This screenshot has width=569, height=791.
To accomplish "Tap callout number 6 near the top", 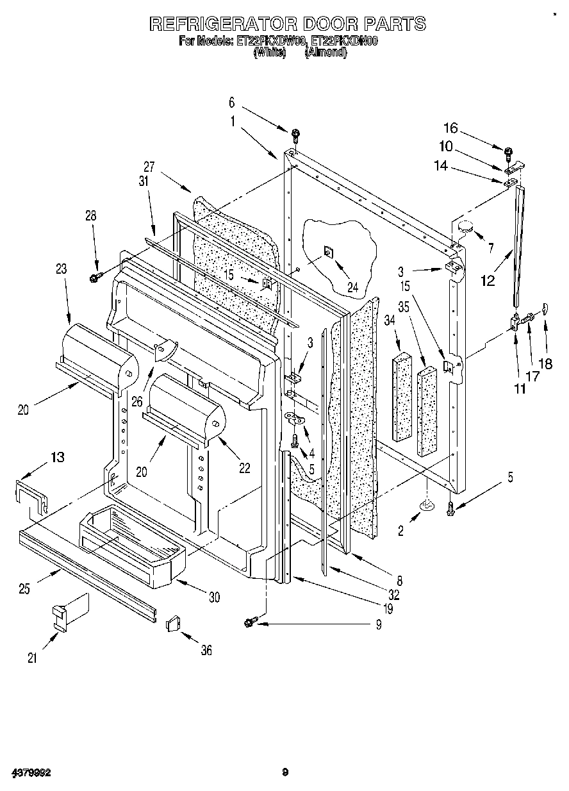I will coord(232,102).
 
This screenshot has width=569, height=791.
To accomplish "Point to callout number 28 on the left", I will coord(92,217).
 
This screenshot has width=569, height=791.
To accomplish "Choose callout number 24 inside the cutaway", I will coord(352,288).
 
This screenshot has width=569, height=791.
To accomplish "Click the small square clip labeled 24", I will coord(327,253).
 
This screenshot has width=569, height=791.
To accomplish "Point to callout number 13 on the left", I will coord(58,456).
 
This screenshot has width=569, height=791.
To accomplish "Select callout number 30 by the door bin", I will coord(213,597).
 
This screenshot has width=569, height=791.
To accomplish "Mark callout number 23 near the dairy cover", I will coord(62,270).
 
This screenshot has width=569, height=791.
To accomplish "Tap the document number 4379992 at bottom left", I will coord(30,772).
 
